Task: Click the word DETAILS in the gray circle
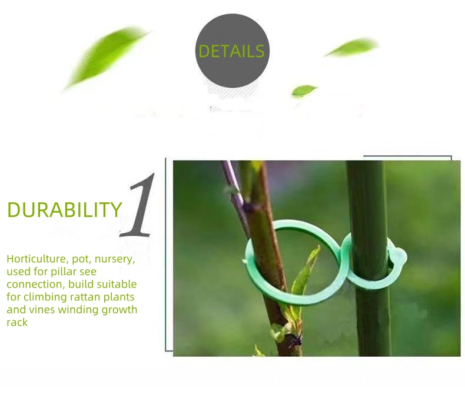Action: (x=231, y=51)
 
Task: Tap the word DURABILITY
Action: (x=64, y=210)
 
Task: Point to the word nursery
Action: (x=114, y=259)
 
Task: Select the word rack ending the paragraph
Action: (x=17, y=322)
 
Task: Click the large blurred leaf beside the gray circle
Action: (x=106, y=56)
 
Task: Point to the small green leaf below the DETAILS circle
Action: (x=304, y=91)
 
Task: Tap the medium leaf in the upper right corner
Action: (x=352, y=48)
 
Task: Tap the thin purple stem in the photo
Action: (x=233, y=188)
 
